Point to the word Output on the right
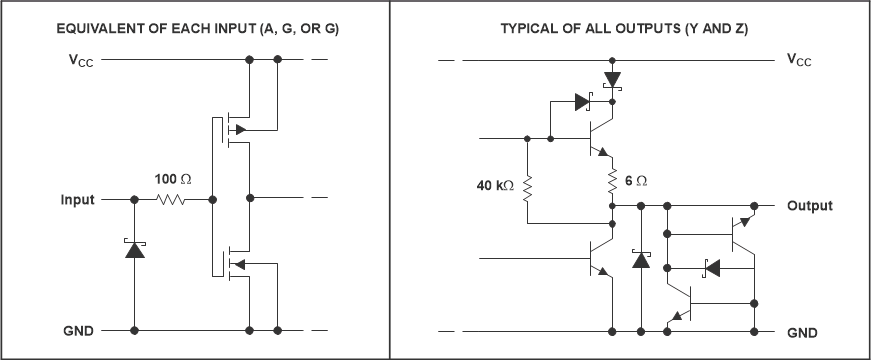tap(809, 206)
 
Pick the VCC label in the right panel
tap(799, 60)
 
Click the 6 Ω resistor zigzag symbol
tap(611, 181)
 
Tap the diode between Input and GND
tap(134, 248)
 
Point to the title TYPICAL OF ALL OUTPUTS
tap(624, 29)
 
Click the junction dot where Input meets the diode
tap(134, 200)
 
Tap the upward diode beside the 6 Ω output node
tap(640, 259)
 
